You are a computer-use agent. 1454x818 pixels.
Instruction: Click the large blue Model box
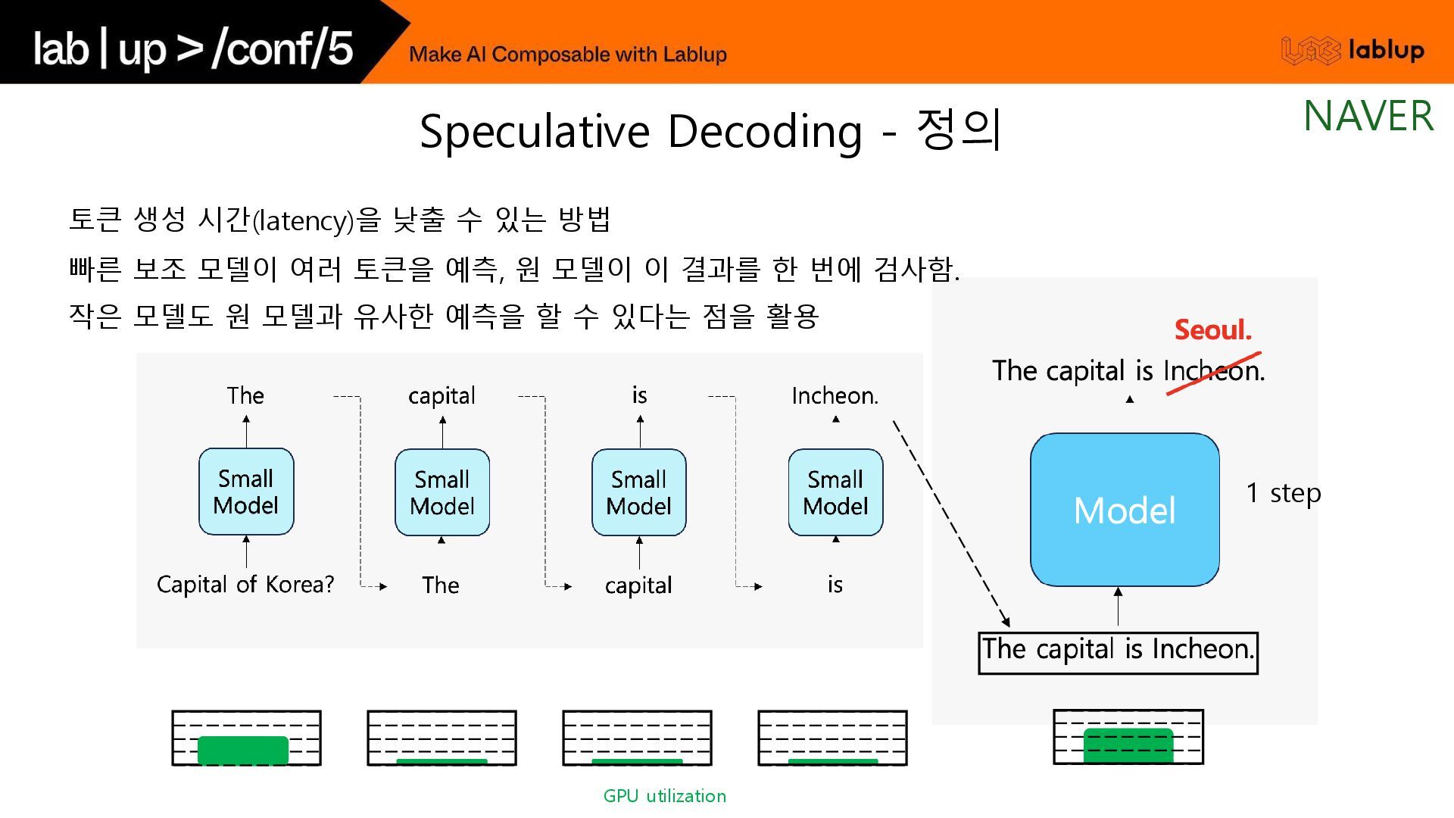point(1125,509)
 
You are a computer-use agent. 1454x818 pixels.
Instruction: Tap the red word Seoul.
point(1212,330)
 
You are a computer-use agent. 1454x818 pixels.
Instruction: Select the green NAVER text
point(1368,117)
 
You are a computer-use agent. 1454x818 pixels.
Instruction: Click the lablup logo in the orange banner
point(1353,50)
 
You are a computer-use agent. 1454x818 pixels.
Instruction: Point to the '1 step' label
point(1283,493)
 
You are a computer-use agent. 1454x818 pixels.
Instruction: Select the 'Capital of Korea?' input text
point(245,585)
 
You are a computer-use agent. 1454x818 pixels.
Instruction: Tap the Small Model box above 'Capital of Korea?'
point(246,492)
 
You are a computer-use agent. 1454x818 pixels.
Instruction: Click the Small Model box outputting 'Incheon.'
point(835,492)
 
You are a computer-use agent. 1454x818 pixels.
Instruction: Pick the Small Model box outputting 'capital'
point(442,492)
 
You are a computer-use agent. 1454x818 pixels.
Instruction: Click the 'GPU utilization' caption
point(664,796)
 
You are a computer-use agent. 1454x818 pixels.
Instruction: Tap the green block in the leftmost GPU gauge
point(243,750)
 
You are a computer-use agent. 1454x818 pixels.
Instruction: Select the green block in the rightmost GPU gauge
point(1128,745)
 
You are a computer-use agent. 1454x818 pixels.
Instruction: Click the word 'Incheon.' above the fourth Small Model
point(835,396)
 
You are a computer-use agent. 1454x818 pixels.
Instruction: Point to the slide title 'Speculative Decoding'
point(640,131)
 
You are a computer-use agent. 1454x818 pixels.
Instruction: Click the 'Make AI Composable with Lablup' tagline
point(567,55)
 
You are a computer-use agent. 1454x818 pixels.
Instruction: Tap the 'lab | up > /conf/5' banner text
point(193,48)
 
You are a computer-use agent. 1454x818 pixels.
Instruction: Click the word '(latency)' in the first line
point(303,221)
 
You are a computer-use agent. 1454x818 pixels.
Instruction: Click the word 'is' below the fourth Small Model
point(835,585)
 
